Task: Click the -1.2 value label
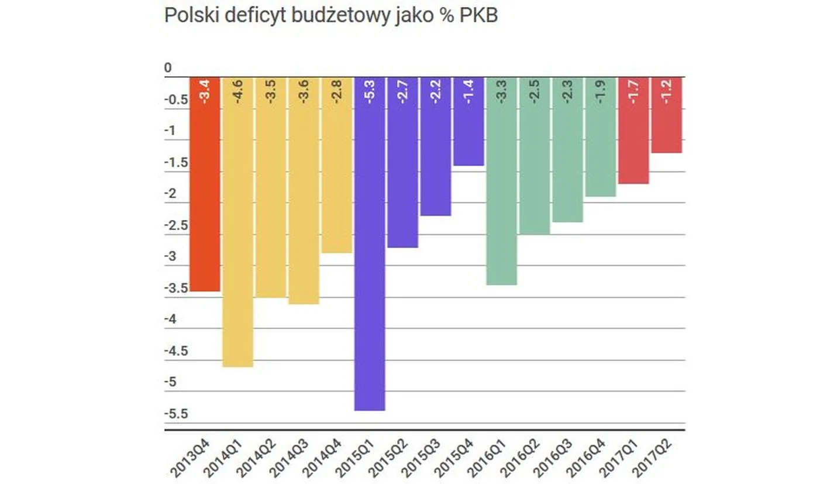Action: point(667,92)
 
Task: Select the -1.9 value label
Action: point(601,92)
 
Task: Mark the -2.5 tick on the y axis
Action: point(175,226)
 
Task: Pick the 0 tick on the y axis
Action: point(168,68)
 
